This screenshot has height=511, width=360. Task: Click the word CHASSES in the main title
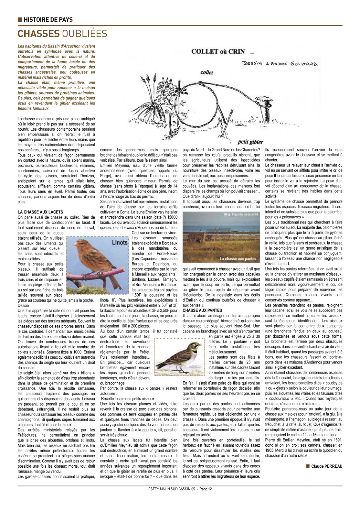point(38,34)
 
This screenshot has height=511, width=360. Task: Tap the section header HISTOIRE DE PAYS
point(48,20)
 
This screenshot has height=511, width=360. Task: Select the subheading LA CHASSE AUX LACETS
point(40,212)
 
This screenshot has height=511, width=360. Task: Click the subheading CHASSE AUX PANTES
point(202,310)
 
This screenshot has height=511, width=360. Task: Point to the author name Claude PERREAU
point(327,466)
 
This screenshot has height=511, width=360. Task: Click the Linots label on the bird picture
point(120,243)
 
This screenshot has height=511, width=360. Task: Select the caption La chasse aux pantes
point(238,259)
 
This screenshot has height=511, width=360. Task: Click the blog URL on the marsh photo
point(241,214)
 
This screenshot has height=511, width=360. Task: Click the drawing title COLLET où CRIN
point(218,52)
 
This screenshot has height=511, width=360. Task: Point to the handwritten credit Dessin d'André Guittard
point(280,63)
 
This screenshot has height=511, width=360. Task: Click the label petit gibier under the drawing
point(250,142)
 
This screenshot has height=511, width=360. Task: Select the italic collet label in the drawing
point(206,72)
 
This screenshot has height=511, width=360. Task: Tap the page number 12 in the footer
point(210,489)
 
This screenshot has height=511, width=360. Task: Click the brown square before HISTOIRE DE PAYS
point(20,20)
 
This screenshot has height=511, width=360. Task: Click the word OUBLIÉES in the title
point(85,34)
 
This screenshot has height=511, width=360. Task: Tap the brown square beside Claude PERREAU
point(308,466)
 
